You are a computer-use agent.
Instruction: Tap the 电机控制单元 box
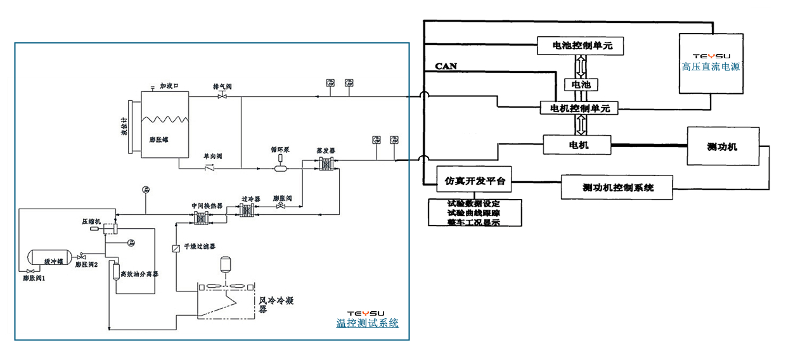coord(579,108)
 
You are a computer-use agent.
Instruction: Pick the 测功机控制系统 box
coord(617,187)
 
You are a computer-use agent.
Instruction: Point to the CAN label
coord(446,66)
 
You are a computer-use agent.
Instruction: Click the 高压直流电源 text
coord(711,67)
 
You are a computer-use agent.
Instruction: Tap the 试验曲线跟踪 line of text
coord(474,213)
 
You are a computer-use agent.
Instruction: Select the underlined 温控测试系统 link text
coord(368,323)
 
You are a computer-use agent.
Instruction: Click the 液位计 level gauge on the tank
coord(131,126)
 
